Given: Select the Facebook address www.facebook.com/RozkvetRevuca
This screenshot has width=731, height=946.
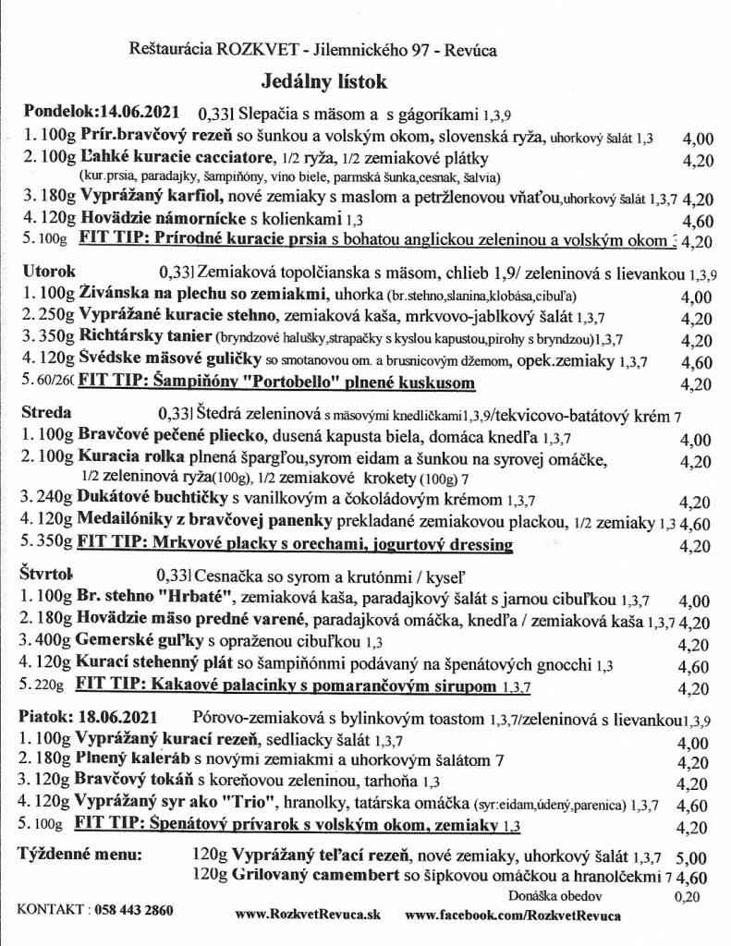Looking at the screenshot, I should pyautogui.click(x=512, y=914).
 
